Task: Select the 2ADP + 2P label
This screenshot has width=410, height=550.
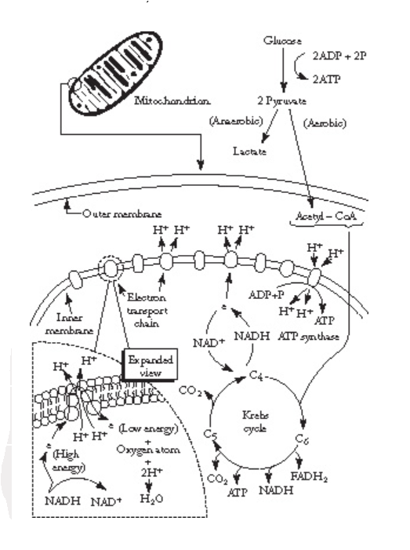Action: (345, 57)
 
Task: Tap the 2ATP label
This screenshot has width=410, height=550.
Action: (334, 80)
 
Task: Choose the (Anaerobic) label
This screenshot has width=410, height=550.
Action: (234, 121)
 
